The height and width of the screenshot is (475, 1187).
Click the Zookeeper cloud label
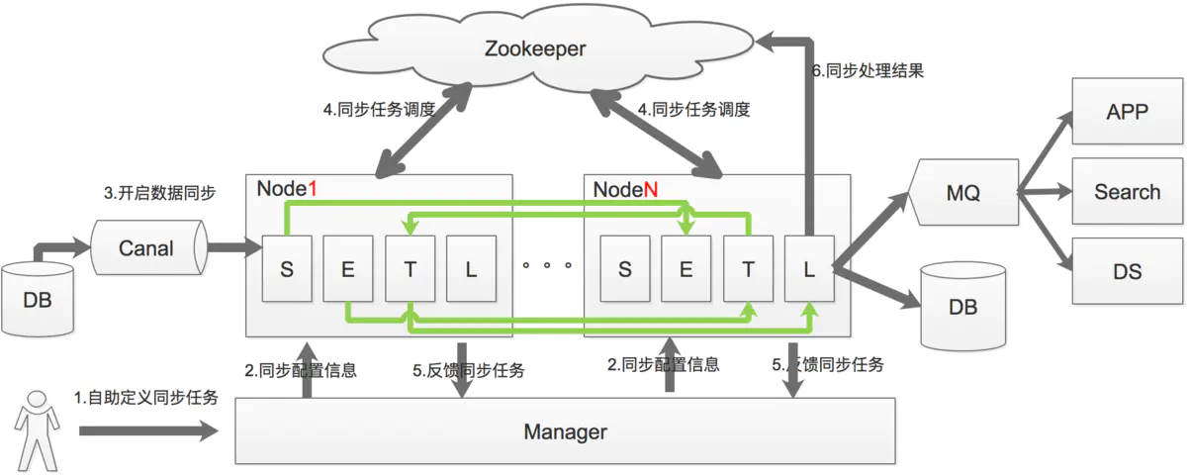point(535,48)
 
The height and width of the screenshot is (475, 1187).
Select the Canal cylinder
point(149,247)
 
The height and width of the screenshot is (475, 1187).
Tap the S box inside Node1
point(287,269)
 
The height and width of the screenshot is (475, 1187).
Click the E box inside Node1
point(347,269)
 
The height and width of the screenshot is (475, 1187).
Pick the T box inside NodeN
point(748,269)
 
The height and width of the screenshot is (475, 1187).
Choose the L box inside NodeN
point(809,269)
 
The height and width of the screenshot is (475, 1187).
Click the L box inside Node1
point(471,269)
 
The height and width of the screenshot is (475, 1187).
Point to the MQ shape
point(963,192)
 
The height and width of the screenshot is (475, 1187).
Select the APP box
point(1127,111)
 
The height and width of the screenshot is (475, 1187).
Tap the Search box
point(1127,191)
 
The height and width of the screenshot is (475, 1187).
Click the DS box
point(1127,271)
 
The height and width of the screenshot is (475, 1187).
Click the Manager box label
point(566,431)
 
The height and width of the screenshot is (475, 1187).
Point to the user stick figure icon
point(37,430)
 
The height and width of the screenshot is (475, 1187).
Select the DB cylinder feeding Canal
point(38,299)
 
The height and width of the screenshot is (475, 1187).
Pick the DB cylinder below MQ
point(962,307)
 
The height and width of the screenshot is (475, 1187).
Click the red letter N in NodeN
point(651,189)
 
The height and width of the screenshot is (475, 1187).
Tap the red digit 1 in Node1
point(313,188)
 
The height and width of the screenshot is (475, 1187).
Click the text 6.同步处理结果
point(868,70)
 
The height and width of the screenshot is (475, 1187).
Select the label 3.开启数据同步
point(159,192)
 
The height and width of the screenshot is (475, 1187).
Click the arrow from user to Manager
point(149,431)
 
